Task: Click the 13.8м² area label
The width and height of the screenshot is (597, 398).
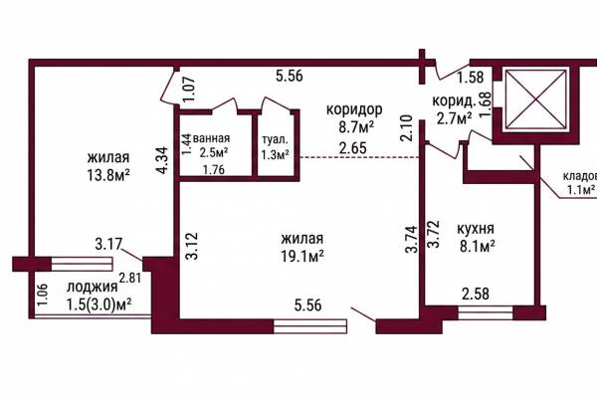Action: (x=108, y=175)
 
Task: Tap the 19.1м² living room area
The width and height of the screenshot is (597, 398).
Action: (x=302, y=257)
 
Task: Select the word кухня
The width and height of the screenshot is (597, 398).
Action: (x=476, y=229)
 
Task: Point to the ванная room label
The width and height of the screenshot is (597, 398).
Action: (x=211, y=138)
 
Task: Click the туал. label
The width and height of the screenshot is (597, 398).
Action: (x=275, y=139)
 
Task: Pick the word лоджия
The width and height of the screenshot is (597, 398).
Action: (x=93, y=288)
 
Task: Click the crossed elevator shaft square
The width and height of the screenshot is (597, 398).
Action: (x=535, y=99)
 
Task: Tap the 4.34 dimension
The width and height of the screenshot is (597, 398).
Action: (x=162, y=161)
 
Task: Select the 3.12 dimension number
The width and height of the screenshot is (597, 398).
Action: (x=191, y=246)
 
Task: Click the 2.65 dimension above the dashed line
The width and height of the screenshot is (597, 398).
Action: (x=353, y=148)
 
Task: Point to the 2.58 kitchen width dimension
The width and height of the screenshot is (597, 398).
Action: (x=476, y=295)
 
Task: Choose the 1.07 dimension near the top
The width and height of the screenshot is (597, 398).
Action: (x=189, y=90)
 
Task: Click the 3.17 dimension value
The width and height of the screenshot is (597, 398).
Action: (x=108, y=244)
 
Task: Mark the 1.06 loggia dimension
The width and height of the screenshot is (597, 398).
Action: (x=42, y=295)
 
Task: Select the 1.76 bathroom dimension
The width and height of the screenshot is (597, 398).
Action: (x=214, y=169)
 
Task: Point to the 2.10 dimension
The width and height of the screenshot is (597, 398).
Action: (x=407, y=128)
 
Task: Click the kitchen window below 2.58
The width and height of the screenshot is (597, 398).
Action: (x=486, y=313)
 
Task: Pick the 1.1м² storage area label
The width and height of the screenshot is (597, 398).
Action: (x=581, y=190)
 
